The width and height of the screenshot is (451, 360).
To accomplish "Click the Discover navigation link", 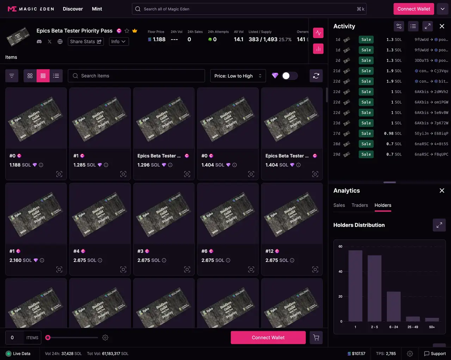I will [73, 9].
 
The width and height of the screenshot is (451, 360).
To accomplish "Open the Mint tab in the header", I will [97, 9].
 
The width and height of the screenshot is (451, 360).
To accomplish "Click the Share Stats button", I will [86, 42].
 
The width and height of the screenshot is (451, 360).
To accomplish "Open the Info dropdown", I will [118, 42].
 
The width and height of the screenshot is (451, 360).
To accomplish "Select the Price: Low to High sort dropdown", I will [238, 76].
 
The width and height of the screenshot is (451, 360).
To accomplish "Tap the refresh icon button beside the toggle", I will [316, 76].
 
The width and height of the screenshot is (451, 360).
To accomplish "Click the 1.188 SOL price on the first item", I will [20, 165].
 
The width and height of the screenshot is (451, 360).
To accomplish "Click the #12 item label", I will [269, 251].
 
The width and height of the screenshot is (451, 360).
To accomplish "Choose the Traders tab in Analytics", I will [359, 205].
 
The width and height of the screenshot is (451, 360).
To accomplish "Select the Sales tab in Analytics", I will [339, 205].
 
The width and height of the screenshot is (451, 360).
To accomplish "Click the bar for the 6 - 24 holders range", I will [394, 306].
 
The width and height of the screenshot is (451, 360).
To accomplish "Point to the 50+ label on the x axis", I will [432, 327].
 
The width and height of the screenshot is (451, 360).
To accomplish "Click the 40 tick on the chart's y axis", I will [340, 271].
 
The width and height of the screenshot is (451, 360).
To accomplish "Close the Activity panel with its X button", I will [442, 26].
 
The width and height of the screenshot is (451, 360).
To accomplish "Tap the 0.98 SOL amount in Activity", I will [393, 134].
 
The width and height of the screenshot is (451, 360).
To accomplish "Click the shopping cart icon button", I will [316, 337].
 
